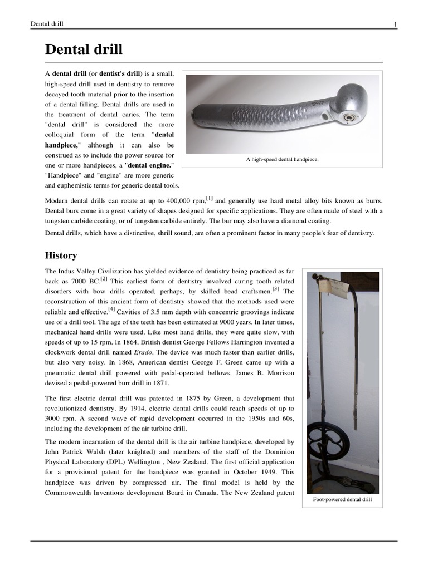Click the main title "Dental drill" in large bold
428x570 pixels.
click(84, 50)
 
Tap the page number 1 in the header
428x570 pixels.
click(395, 24)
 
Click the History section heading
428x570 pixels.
click(61, 255)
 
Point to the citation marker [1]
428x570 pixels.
click(209, 198)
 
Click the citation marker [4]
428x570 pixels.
click(111, 309)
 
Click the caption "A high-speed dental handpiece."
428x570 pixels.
click(282, 159)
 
